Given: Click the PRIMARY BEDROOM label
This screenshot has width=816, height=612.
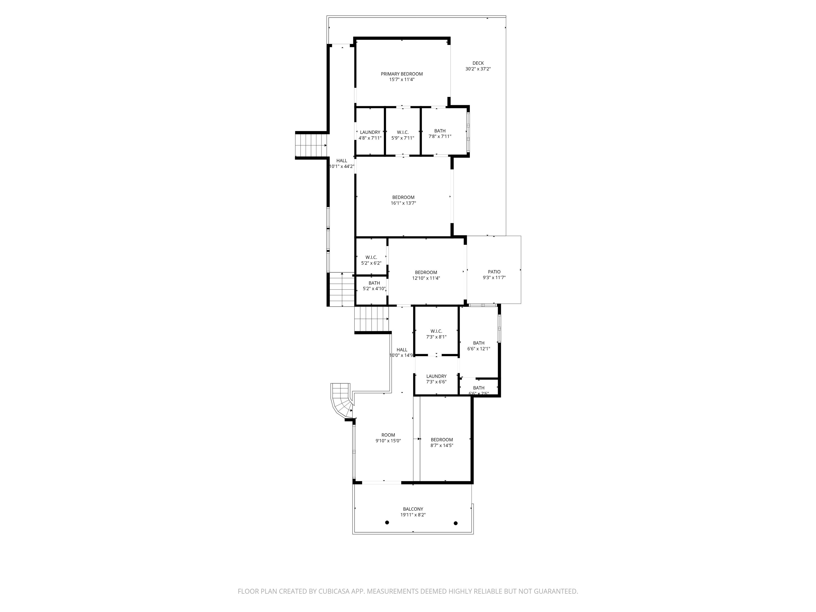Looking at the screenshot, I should tap(402, 74).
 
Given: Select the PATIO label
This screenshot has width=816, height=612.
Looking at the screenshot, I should tap(494, 272).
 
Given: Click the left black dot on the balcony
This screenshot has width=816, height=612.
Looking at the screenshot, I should tap(387, 522).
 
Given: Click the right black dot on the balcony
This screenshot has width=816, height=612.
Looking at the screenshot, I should tap(456, 523).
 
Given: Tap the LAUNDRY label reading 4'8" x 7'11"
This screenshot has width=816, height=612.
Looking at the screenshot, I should tap(370, 133).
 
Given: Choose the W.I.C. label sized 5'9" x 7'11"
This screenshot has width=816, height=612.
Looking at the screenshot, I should tap(402, 133).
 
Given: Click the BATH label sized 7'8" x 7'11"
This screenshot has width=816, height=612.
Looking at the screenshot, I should tap(440, 131).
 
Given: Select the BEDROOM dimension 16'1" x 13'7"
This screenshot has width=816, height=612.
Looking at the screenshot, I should tap(403, 203).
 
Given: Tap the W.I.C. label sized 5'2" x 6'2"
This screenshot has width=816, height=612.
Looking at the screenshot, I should tap(371, 257).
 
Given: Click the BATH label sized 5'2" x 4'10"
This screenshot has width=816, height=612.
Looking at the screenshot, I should tap(374, 283).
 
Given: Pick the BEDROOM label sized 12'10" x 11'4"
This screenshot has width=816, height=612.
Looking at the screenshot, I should tap(426, 273).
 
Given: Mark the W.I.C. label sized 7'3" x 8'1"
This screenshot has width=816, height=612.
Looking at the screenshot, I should tap(436, 331).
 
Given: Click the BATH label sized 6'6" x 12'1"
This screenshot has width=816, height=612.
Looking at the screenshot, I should tap(478, 343).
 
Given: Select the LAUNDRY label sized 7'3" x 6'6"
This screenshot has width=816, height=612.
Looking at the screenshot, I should tap(436, 376).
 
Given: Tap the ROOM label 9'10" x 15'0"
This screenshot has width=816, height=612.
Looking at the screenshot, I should tap(388, 435).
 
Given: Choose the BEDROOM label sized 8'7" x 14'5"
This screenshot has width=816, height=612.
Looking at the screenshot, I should tap(441, 440).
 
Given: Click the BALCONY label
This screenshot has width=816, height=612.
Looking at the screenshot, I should tap(413, 509).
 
